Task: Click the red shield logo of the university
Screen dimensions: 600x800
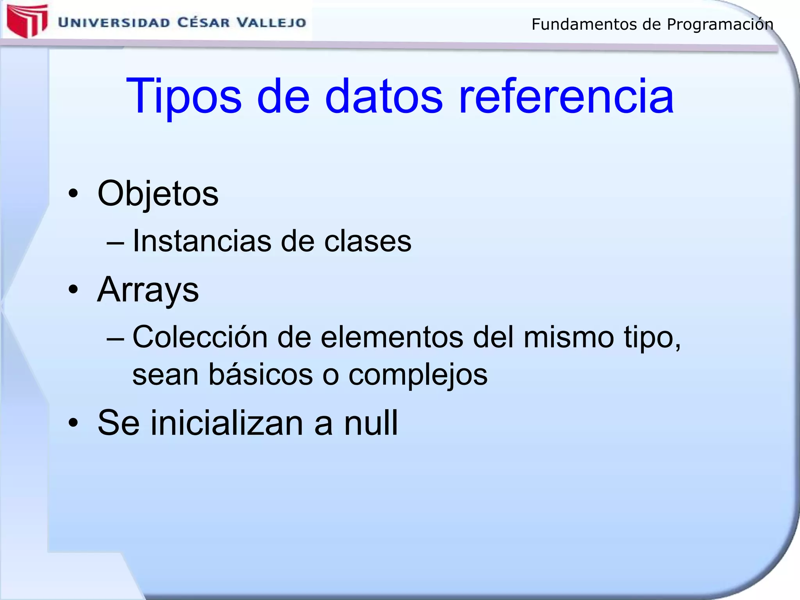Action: [x=27, y=21]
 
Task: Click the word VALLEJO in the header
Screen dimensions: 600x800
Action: [x=272, y=22]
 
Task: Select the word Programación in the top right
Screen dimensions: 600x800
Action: [x=720, y=25]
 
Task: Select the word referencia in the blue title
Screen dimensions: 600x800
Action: [x=566, y=96]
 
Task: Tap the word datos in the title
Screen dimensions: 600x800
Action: [x=384, y=96]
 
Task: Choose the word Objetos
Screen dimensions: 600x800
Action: [x=158, y=194]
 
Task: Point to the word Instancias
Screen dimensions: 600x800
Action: [x=202, y=241]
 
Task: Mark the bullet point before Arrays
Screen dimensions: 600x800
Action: [x=73, y=289]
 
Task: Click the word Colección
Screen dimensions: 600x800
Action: [x=200, y=337]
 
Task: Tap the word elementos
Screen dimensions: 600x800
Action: [x=392, y=337]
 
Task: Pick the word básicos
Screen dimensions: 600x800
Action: [x=261, y=374]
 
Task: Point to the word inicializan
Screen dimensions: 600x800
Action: [x=227, y=423]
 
